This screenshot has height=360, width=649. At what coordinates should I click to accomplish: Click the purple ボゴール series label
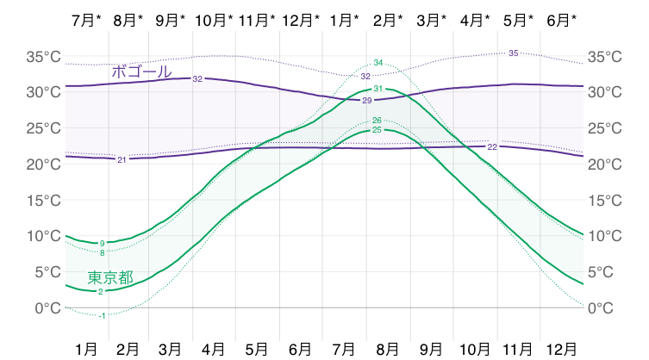pyautogui.click(x=141, y=71)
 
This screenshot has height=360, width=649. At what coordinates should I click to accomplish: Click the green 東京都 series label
pyautogui.click(x=110, y=277)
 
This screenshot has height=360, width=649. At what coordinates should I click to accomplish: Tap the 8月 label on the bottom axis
pyautogui.click(x=387, y=350)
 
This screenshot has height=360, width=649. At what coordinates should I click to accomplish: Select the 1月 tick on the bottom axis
pyautogui.click(x=86, y=350)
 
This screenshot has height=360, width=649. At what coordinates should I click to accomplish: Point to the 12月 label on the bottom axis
pyautogui.click(x=561, y=350)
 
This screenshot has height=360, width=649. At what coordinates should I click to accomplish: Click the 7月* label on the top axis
pyautogui.click(x=86, y=20)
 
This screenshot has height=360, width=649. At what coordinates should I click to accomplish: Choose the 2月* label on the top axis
pyautogui.click(x=388, y=20)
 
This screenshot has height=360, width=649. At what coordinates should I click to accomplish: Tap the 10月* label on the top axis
pyautogui.click(x=214, y=20)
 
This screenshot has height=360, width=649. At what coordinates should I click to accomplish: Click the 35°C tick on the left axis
pyautogui.click(x=43, y=56)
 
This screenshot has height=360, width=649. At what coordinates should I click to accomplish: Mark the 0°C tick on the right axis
pyautogui.click(x=601, y=307)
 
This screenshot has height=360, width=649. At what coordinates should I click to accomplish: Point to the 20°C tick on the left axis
pyautogui.click(x=43, y=164)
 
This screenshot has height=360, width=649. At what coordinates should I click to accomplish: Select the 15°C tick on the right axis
pyautogui.click(x=605, y=201)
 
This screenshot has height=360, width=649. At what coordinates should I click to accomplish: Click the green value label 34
pyautogui.click(x=378, y=63)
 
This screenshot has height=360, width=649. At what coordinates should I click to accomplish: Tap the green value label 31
pyautogui.click(x=378, y=89)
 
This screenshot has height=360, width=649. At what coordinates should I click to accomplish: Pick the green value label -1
pyautogui.click(x=102, y=316)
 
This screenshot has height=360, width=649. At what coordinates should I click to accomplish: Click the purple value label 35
pyautogui.click(x=513, y=53)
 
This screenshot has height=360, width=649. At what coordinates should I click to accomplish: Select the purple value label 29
pyautogui.click(x=367, y=101)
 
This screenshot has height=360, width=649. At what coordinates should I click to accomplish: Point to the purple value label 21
pyautogui.click(x=122, y=159)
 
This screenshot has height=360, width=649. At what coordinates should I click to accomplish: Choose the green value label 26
pyautogui.click(x=377, y=121)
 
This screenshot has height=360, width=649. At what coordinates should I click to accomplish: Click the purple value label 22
pyautogui.click(x=492, y=147)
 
